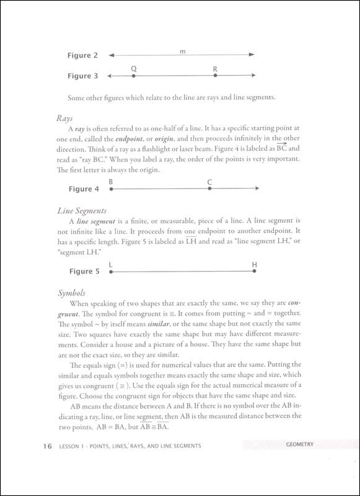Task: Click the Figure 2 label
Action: click(82, 56)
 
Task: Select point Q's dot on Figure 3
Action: click(133, 76)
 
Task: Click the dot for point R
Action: click(215, 76)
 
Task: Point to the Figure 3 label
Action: click(82, 76)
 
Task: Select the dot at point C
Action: click(209, 188)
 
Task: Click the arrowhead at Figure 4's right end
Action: click(257, 188)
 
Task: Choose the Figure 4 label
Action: click(82, 189)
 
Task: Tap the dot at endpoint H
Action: click(255, 271)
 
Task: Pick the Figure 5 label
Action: click(82, 272)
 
